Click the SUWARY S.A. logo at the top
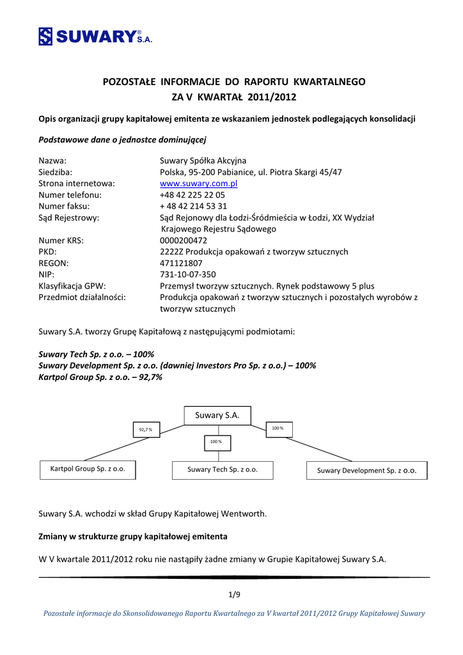[95, 36]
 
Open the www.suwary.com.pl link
[198, 184]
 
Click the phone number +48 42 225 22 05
[192, 195]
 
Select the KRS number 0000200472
[183, 241]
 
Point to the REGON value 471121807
[181, 263]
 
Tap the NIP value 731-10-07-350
[188, 274]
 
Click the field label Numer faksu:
[64, 207]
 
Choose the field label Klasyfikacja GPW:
[72, 286]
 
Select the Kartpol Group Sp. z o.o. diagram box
[88, 469]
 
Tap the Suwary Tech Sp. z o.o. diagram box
[223, 470]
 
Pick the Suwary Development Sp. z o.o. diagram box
[367, 470]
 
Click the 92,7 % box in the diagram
[146, 430]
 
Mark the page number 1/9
[234, 595]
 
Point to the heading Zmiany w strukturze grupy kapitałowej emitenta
[133, 535]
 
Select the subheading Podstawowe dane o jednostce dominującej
[123, 139]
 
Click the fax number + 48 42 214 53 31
[193, 207]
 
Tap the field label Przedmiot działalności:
[82, 297]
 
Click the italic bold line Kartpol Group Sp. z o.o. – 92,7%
[100, 377]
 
